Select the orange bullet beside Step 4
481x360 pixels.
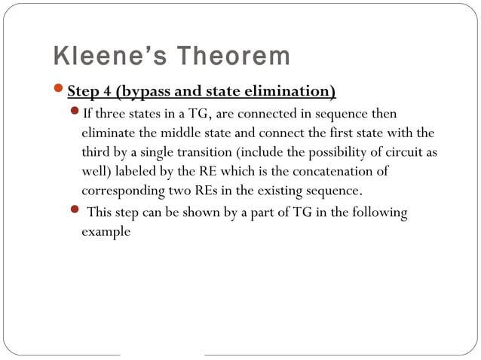tap(60, 91)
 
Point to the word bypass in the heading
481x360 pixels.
tap(144, 93)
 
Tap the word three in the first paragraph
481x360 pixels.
tap(109, 114)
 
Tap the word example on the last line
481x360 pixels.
tap(106, 232)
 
